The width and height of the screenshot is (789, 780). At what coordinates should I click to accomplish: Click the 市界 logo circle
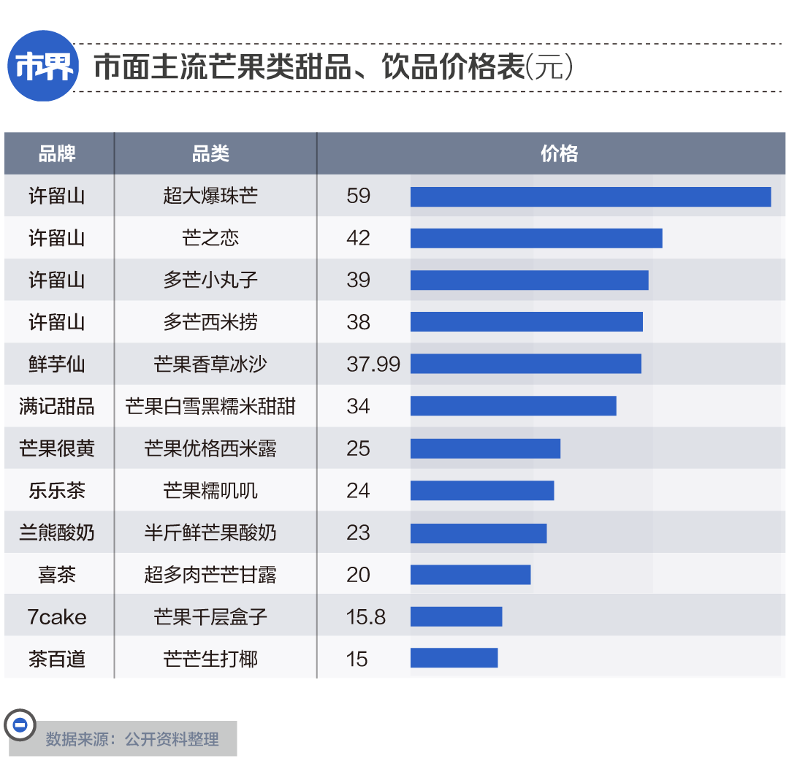pos(44,66)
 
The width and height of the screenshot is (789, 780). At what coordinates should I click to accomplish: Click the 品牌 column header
pos(57,153)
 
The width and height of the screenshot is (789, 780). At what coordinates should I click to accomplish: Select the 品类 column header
pos(210,153)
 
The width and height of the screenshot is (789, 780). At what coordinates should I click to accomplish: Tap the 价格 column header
pos(559,153)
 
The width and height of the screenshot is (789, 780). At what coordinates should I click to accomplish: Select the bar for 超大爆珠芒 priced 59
pos(590,196)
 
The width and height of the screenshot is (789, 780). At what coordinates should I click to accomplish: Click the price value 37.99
pos(373,364)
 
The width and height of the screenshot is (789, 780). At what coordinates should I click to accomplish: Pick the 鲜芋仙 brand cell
pos(57,364)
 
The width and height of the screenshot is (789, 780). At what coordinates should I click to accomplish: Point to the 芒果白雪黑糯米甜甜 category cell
pos(210,406)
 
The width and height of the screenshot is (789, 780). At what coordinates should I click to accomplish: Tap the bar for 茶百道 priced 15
pos(454,658)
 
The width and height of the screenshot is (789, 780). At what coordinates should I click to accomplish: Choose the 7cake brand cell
pos(57,617)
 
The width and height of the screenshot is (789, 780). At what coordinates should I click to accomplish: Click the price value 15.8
pos(366,617)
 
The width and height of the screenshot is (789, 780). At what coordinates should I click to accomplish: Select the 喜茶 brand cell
pos(57,575)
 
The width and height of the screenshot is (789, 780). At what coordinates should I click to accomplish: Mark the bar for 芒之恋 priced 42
pos(536,238)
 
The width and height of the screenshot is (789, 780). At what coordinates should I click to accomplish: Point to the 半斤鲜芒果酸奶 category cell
pos(210,532)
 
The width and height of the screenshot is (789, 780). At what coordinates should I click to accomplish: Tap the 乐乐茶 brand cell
pos(57,490)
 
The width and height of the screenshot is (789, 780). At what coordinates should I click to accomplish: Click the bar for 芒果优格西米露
pos(485,448)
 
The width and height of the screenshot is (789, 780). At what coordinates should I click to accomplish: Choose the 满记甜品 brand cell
pos(57,406)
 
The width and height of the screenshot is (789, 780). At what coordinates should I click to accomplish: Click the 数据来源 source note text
pos(132,739)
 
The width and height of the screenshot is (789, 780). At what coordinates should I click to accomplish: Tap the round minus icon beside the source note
pos(20,724)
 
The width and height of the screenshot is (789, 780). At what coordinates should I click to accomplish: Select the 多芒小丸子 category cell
pos(210,280)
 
